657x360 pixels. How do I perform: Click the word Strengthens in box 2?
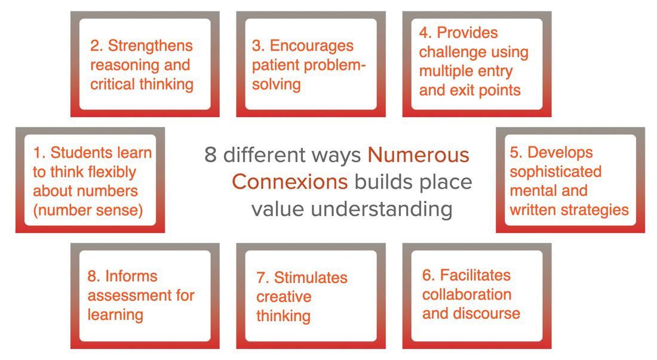151,46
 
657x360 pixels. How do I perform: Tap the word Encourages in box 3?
312,46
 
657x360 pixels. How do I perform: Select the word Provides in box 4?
467,33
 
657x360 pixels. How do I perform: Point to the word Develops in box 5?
560,152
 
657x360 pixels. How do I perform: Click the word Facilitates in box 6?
475,275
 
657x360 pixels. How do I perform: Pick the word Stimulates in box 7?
311,278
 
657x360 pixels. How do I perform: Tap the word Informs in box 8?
131,276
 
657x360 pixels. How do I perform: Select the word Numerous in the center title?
418,155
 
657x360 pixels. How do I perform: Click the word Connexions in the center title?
290,182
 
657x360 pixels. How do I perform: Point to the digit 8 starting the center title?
210,155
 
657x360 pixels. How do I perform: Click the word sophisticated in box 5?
555,172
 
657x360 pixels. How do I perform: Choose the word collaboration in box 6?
467,295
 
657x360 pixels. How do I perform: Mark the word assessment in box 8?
130,296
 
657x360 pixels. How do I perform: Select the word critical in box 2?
113,85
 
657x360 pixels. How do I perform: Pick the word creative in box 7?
284,297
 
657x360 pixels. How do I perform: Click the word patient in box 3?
276,66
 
